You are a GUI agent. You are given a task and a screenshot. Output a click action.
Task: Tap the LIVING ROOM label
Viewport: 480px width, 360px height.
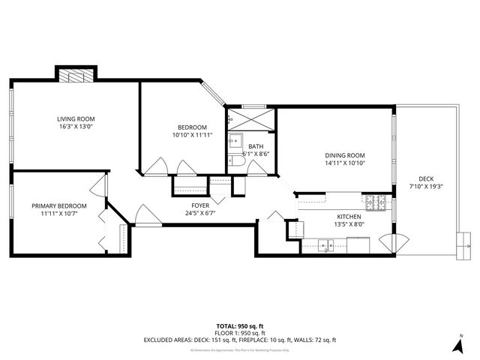[76, 118]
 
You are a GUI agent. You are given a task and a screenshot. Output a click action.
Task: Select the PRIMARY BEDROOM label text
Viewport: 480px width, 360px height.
[58, 205]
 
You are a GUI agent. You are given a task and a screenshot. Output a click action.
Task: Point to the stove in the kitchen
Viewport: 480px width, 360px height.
[374, 202]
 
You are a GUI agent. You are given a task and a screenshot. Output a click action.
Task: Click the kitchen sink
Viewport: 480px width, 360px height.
[325, 244]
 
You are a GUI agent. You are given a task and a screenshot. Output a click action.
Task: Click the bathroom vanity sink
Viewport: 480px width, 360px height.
[234, 140]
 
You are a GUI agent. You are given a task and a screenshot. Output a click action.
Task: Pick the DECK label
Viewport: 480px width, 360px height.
[426, 178]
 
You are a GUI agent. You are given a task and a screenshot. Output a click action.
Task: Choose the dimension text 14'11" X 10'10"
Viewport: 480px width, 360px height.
[345, 163]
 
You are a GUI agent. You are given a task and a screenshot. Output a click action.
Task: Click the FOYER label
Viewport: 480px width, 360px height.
[200, 205]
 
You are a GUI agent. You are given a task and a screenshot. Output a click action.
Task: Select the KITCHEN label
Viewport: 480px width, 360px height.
[348, 215]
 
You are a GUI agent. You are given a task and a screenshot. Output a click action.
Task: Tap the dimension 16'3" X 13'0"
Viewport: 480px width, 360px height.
[76, 127]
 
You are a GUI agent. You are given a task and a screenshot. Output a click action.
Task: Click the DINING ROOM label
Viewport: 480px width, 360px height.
[345, 155]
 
